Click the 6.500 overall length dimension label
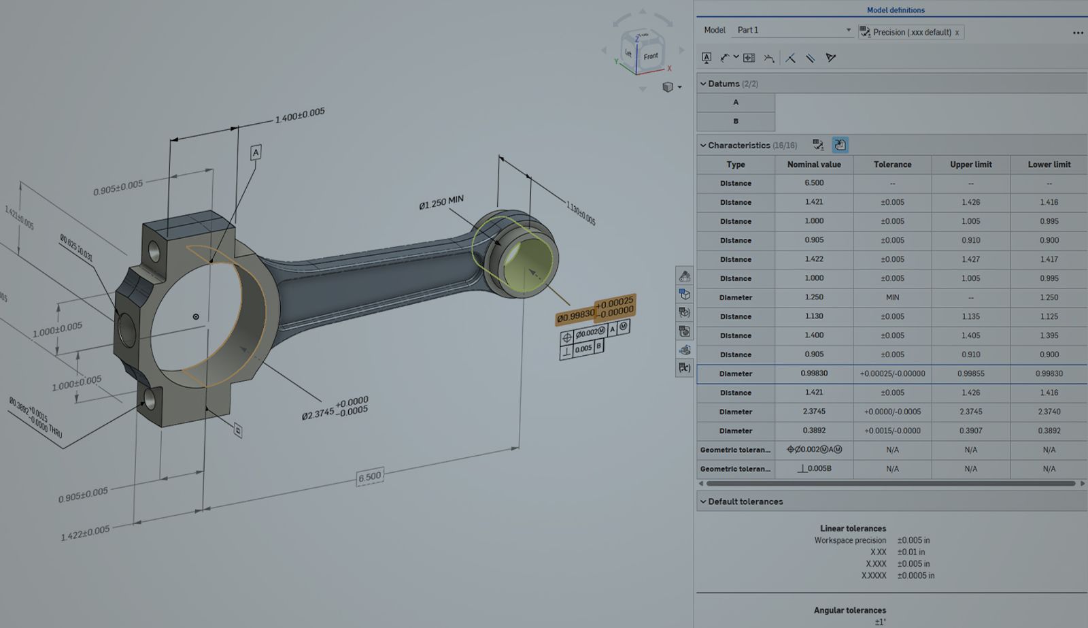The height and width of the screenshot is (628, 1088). pyautogui.click(x=370, y=477)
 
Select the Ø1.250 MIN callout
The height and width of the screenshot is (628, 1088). pyautogui.click(x=441, y=202)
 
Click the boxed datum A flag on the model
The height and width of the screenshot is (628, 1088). pyautogui.click(x=256, y=152)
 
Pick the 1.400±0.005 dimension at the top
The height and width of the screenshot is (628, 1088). pyautogui.click(x=300, y=115)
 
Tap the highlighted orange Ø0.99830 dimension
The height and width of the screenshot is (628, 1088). pyautogui.click(x=575, y=316)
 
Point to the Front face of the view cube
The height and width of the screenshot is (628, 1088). pyautogui.click(x=650, y=56)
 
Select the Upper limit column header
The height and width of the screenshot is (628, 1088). pyautogui.click(x=970, y=165)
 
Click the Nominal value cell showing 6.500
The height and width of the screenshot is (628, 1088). pyautogui.click(x=814, y=183)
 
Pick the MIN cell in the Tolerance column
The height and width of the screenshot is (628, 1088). pyautogui.click(x=892, y=297)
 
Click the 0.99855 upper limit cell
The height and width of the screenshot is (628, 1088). pyautogui.click(x=970, y=374)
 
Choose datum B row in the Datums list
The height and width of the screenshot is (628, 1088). pyautogui.click(x=736, y=121)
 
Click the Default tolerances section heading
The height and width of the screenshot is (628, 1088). pyautogui.click(x=745, y=501)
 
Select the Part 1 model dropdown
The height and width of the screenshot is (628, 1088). pyautogui.click(x=793, y=30)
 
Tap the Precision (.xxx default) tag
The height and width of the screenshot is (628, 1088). pyautogui.click(x=911, y=32)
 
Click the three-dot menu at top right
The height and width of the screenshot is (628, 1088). pyautogui.click(x=1078, y=33)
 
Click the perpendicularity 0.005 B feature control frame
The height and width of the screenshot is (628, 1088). pyautogui.click(x=582, y=349)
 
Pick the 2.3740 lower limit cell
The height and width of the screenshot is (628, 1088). pyautogui.click(x=1049, y=412)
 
